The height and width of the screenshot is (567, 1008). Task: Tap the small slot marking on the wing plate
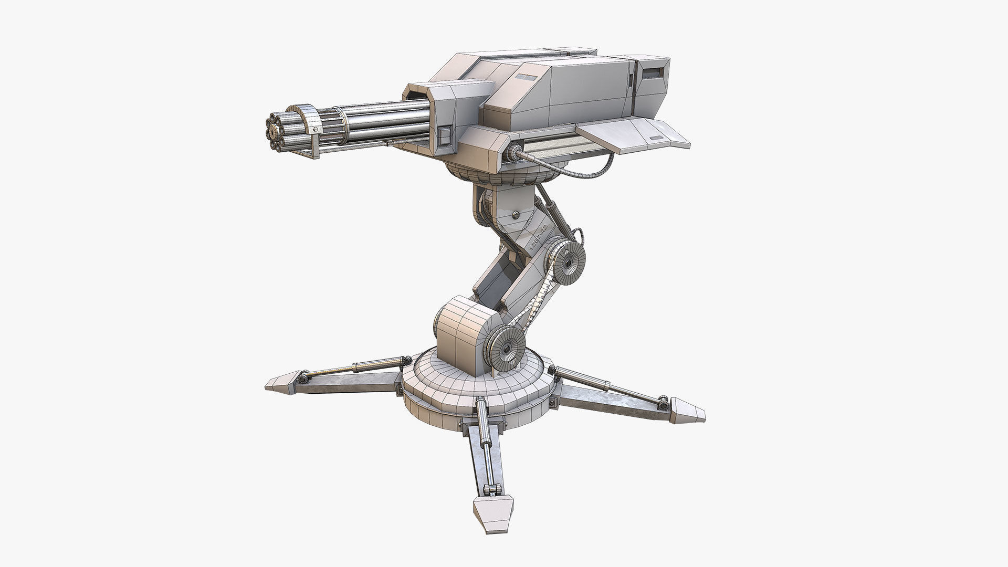pos(656,137)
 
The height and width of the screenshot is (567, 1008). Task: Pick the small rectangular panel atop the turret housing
pos(523,77)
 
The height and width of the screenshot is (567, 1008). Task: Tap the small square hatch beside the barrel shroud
pos(444,138)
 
